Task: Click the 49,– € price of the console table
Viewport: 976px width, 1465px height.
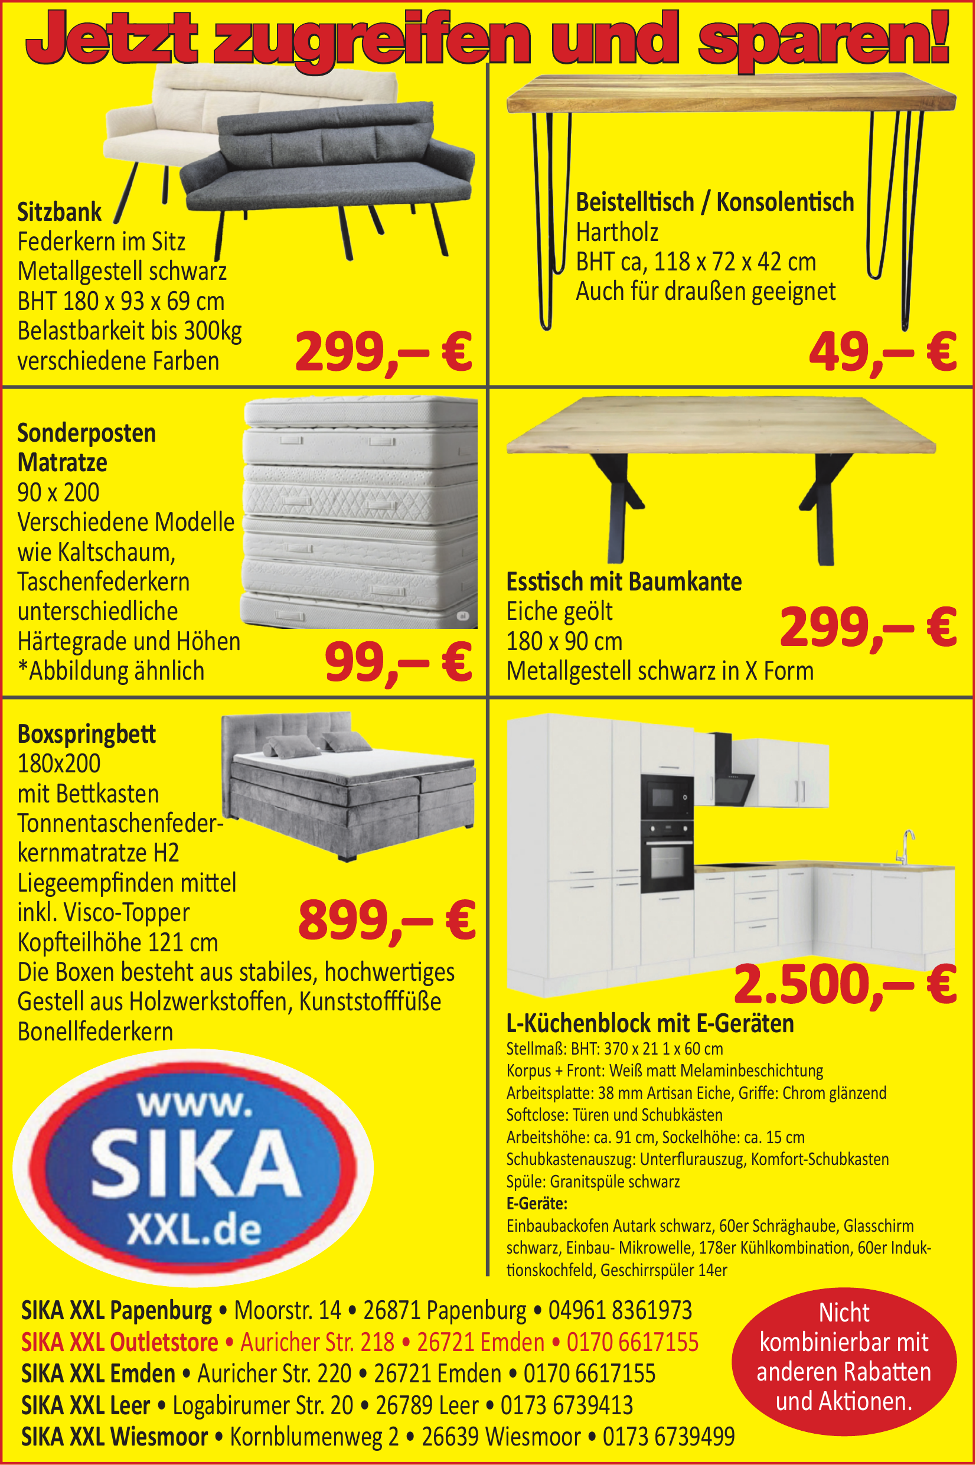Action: pyautogui.click(x=882, y=353)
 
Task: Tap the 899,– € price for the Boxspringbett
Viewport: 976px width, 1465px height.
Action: pyautogui.click(x=387, y=921)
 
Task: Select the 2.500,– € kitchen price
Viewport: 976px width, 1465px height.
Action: pyautogui.click(x=845, y=985)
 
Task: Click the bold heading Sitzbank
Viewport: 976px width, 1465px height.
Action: pyautogui.click(x=59, y=212)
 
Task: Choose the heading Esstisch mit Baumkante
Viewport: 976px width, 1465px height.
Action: pyautogui.click(x=624, y=582)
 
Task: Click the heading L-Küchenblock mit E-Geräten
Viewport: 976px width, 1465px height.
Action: pyautogui.click(x=650, y=1023)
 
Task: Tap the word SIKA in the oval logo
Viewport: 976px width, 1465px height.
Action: pyautogui.click(x=195, y=1164)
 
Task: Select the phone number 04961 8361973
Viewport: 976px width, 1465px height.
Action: pyautogui.click(x=619, y=1311)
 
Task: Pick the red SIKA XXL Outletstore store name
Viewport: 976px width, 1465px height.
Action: pyautogui.click(x=119, y=1342)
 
